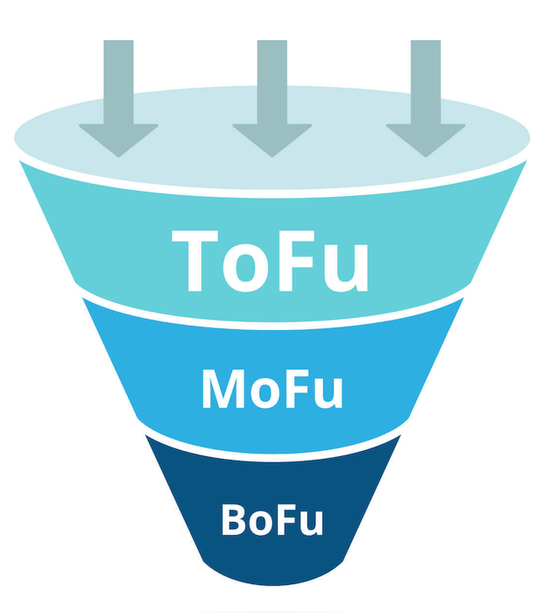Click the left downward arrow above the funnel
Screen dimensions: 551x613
pyautogui.click(x=118, y=96)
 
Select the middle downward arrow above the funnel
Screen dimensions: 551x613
pyautogui.click(x=272, y=96)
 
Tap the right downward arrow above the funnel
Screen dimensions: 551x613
pyautogui.click(x=426, y=96)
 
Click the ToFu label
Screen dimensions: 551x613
pyautogui.click(x=271, y=260)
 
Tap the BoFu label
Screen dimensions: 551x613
pyautogui.click(x=272, y=518)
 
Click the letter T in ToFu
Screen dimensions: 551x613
pyautogui.click(x=201, y=260)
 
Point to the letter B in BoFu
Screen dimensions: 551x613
pyautogui.click(x=235, y=518)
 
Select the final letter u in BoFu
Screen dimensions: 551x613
pyautogui.click(x=312, y=523)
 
